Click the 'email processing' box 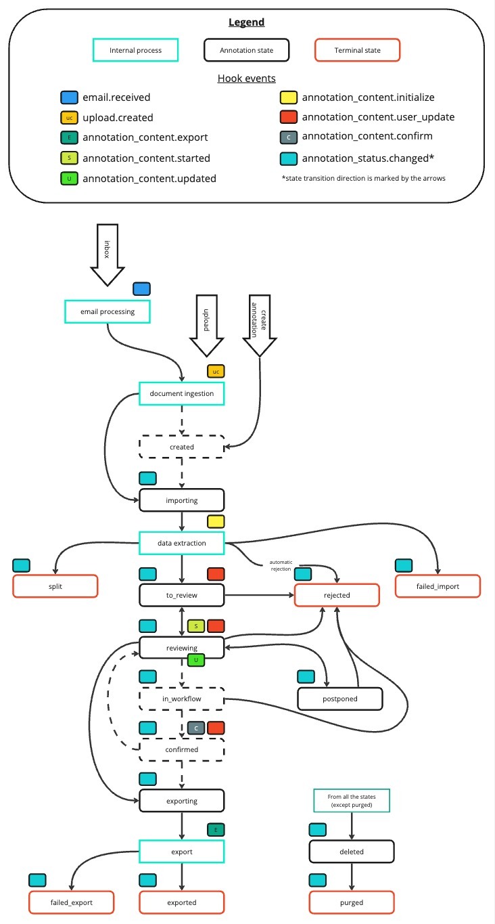point(107,311)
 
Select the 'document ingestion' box point(181,393)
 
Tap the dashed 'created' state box point(181,447)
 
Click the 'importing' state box point(181,500)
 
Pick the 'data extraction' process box point(181,542)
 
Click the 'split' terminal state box point(55,586)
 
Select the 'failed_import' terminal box point(438,586)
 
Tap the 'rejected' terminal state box point(336,595)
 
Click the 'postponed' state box point(340,698)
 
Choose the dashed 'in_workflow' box point(181,698)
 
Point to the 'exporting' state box point(181,801)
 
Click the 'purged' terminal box point(352,902)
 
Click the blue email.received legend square point(68,97)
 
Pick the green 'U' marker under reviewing point(196,659)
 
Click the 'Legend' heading point(246,22)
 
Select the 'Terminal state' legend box point(357,50)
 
